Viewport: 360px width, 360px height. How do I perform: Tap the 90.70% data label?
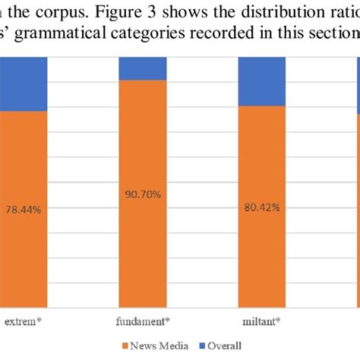tap(142, 195)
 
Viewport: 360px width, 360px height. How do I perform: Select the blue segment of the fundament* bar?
tap(142, 68)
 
